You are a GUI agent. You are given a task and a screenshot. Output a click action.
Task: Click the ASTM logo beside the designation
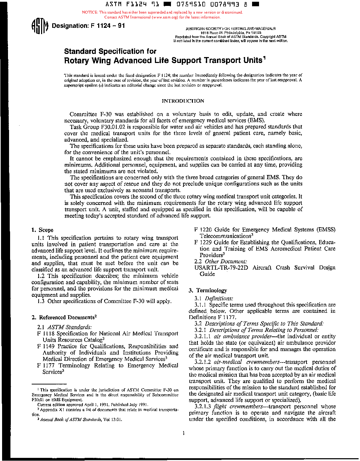pos(39,26)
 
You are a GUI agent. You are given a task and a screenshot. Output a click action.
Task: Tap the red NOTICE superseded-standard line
pos(162,12)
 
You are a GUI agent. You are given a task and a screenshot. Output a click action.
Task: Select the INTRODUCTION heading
pos(183,101)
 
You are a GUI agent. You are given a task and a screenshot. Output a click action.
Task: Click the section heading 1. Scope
pos(42,230)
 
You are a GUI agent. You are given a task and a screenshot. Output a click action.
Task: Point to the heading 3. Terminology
pos(208,291)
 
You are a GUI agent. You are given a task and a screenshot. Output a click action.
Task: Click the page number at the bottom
pos(183,433)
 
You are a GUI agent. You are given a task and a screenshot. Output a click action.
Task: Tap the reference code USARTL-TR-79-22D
pos(221,268)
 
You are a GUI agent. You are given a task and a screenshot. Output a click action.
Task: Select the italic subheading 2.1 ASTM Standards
pos(64,327)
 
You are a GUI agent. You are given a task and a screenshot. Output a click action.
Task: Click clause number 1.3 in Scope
pos(41,301)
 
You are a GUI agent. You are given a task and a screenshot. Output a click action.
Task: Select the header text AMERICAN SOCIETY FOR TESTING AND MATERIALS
pos(230,29)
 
